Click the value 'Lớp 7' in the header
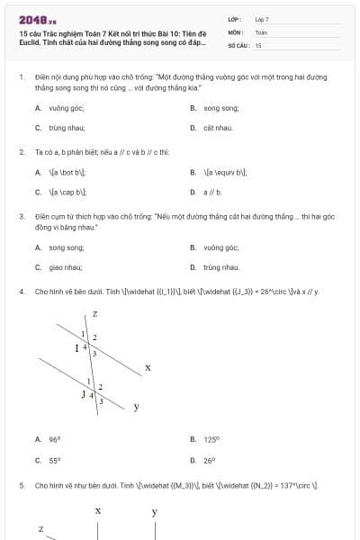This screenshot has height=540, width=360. click(x=262, y=19)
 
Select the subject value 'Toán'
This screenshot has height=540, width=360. click(x=261, y=31)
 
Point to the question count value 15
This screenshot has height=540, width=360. click(x=258, y=44)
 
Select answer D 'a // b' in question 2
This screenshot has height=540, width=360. click(x=212, y=192)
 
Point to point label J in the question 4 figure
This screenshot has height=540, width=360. click(x=83, y=393)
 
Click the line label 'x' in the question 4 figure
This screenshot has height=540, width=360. click(x=148, y=367)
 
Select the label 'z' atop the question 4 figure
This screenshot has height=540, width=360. click(x=94, y=313)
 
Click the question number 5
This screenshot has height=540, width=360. click(x=21, y=485)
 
